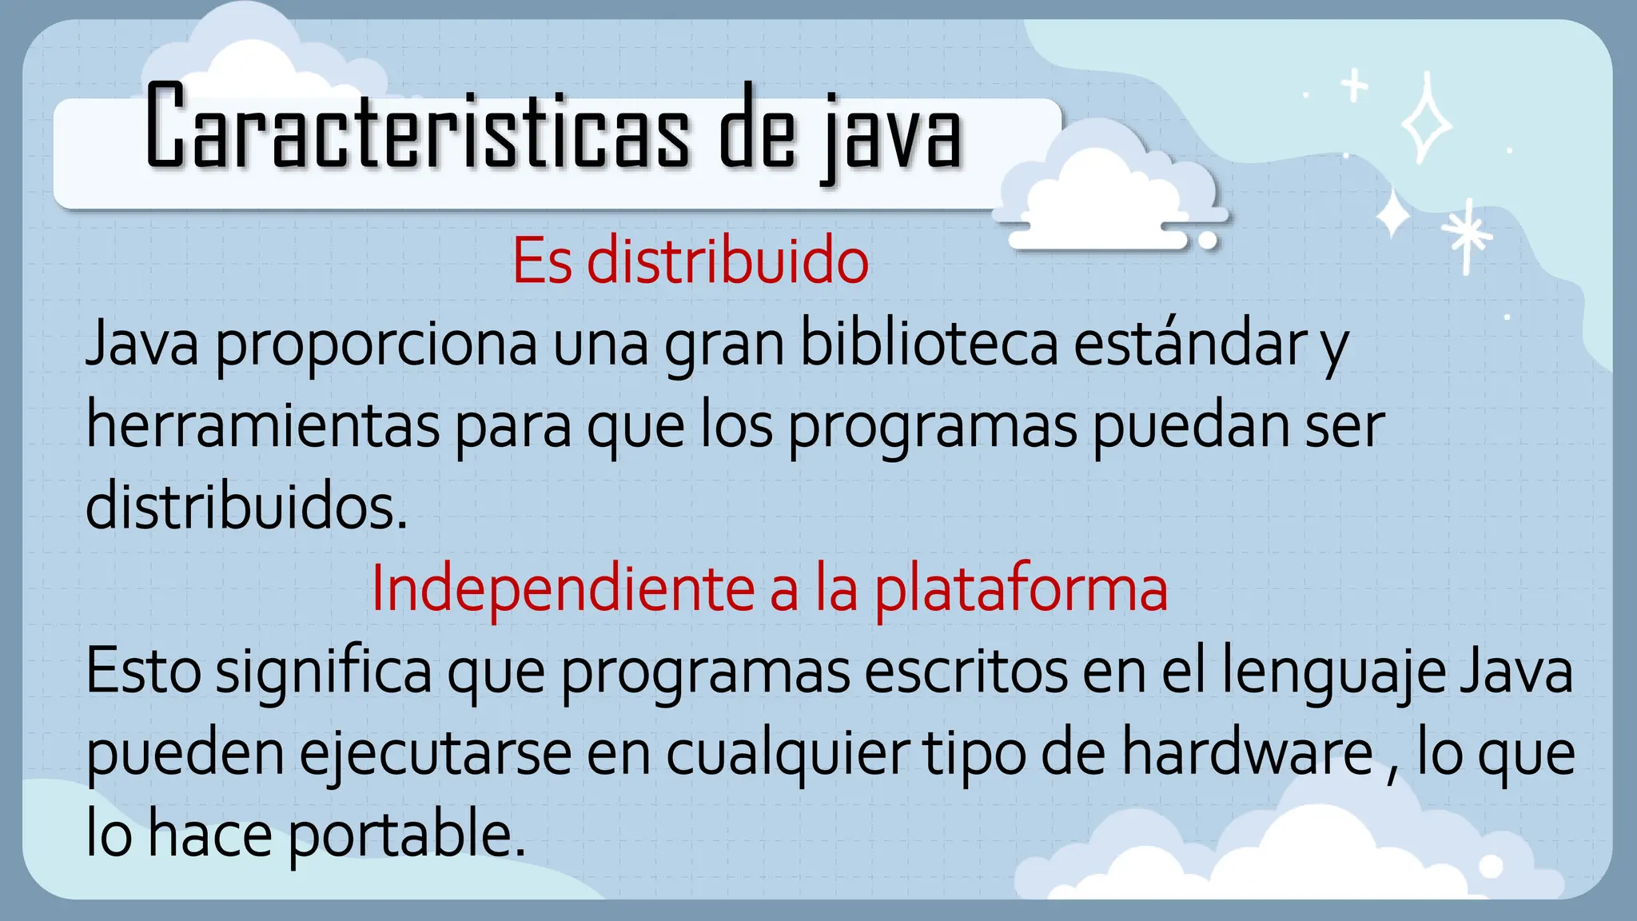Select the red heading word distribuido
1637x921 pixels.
727,261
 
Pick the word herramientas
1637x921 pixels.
262,425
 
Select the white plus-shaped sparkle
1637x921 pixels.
1354,86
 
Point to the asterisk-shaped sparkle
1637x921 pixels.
1467,234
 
